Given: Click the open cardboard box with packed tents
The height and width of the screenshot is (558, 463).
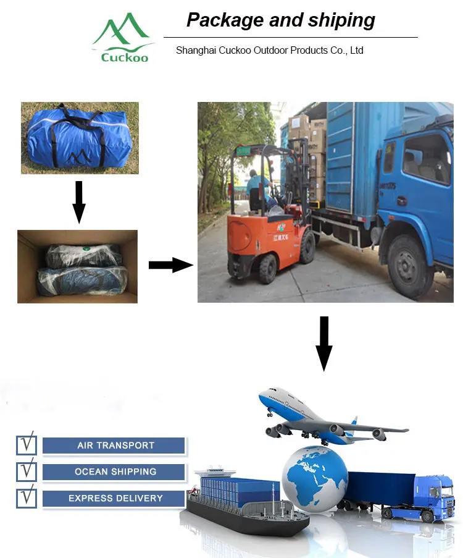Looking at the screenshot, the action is pos(77,266).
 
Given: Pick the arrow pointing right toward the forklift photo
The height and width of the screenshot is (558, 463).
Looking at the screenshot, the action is pos(170,265).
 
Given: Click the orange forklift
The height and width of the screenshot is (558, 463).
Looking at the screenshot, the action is pos(265,222).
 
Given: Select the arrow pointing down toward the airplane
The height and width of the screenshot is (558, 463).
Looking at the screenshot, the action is pos(323,343).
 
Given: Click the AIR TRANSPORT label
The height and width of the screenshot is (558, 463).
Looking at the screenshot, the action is pos(115,446).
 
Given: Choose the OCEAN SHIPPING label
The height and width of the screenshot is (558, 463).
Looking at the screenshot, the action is pos(115,472).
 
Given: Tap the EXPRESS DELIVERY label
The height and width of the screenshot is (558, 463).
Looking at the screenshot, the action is pos(115,499).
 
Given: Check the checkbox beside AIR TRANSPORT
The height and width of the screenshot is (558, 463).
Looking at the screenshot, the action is pos(27,445).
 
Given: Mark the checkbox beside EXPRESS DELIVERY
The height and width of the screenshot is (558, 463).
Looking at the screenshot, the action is pos(27,497).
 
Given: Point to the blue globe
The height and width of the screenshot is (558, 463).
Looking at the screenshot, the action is pos(314,476).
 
